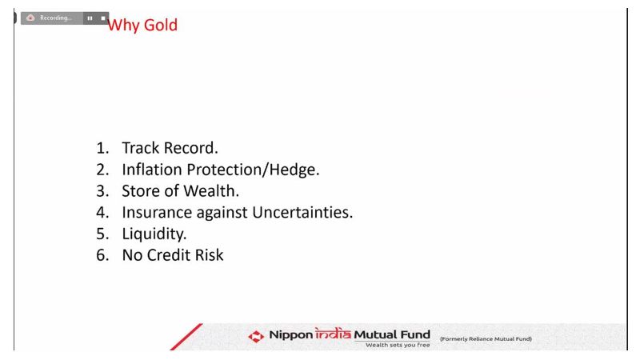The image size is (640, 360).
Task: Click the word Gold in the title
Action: (x=161, y=25)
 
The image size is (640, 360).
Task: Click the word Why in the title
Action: (x=124, y=26)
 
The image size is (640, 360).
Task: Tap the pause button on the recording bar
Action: (x=90, y=18)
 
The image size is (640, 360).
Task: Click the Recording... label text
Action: (x=55, y=18)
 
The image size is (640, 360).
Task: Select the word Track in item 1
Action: (x=141, y=148)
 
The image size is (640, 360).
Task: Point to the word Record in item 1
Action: (x=190, y=148)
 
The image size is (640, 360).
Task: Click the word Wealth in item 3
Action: (x=211, y=191)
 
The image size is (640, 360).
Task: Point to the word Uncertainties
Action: (x=302, y=212)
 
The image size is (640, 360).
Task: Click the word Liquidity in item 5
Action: (x=154, y=234)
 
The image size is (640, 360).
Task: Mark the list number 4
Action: (x=102, y=213)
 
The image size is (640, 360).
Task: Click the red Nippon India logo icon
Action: (x=256, y=336)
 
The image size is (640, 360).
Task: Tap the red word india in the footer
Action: (x=333, y=334)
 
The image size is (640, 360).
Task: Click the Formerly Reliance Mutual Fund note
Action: (x=486, y=338)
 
